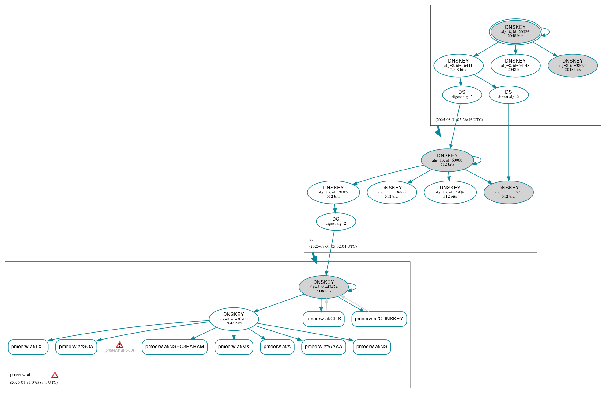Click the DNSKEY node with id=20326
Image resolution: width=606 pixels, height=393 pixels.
(515, 32)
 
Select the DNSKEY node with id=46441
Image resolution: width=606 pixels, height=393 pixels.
(458, 65)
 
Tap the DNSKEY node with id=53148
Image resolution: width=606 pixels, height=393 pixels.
(515, 65)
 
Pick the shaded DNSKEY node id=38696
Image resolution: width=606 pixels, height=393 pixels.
(573, 65)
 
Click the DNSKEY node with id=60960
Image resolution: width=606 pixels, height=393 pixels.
(447, 160)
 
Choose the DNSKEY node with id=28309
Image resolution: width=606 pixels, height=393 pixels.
(333, 192)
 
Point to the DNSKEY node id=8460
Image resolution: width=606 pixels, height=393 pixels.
(392, 192)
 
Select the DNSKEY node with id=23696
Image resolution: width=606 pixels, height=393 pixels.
(450, 192)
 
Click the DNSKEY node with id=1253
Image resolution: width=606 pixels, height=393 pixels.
(509, 192)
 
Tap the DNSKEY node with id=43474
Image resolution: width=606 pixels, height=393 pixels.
(324, 287)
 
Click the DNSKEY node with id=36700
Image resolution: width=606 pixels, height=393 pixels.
(234, 319)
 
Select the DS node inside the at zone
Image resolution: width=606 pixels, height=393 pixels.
(336, 221)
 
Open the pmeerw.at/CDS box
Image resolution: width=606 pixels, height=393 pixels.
(324, 319)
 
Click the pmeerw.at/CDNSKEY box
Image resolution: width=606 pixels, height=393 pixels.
(379, 319)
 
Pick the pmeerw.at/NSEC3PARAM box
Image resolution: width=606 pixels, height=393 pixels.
(175, 347)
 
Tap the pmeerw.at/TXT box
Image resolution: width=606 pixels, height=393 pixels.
(28, 347)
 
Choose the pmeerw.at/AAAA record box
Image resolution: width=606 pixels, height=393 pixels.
(324, 347)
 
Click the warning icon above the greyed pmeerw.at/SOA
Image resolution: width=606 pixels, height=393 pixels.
(119, 345)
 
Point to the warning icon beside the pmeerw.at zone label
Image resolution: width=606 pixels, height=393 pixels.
(55, 375)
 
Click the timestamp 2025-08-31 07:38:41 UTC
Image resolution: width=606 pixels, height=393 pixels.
(34, 382)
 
